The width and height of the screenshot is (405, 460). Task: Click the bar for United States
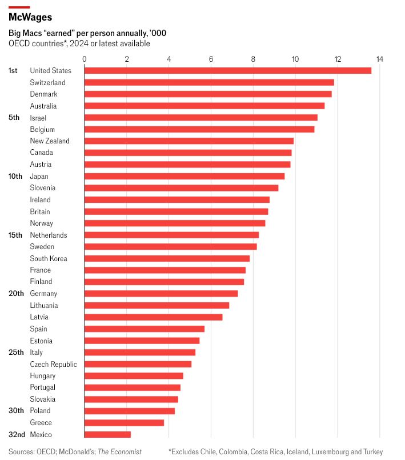227,70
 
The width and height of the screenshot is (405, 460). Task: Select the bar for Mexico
107,434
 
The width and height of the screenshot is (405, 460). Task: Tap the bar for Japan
184,176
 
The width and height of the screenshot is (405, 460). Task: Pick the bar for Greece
124,423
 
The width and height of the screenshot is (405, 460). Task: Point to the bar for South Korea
167,258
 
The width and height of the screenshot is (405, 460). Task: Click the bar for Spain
144,329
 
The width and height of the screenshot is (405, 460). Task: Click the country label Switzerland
47,82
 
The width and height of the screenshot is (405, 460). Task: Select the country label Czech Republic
53,364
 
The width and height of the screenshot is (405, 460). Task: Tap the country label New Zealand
50,141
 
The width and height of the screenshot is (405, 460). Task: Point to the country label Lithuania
43,305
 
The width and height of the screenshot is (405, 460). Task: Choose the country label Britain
40,211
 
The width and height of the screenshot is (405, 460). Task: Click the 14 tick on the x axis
379,59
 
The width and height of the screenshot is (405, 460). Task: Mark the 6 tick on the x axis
211,59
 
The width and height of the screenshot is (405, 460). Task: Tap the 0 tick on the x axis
85,59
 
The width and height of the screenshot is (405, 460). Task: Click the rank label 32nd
17,434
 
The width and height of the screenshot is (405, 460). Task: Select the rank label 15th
15,235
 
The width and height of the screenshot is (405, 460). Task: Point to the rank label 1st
13,70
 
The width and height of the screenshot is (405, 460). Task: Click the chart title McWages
30,18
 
